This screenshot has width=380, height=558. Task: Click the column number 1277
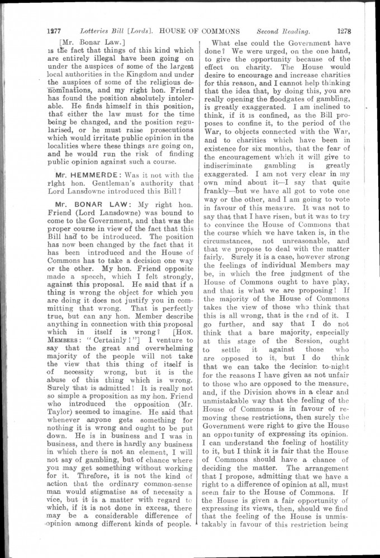point(54,31)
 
